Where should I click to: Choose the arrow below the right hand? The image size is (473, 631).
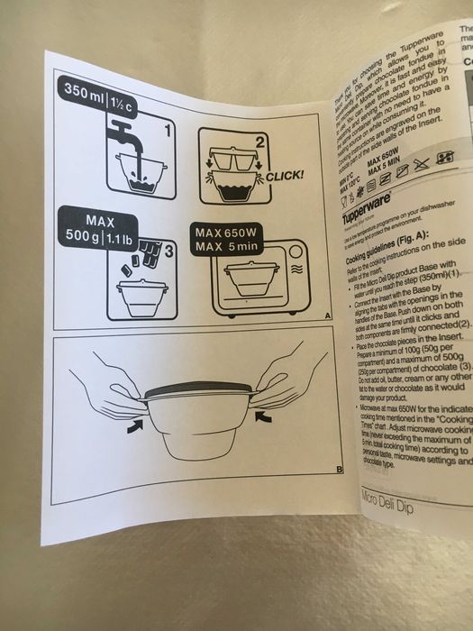coord(261,416)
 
